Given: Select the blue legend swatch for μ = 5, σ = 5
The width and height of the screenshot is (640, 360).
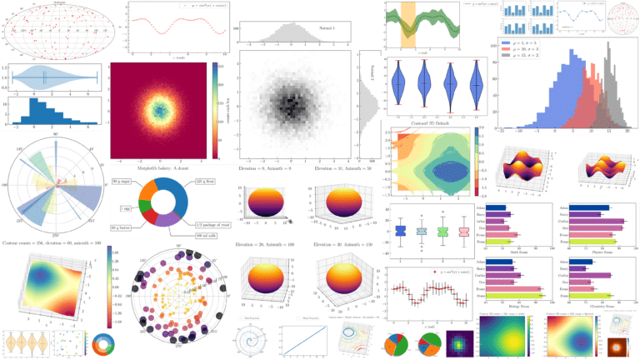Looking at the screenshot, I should (504, 42).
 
